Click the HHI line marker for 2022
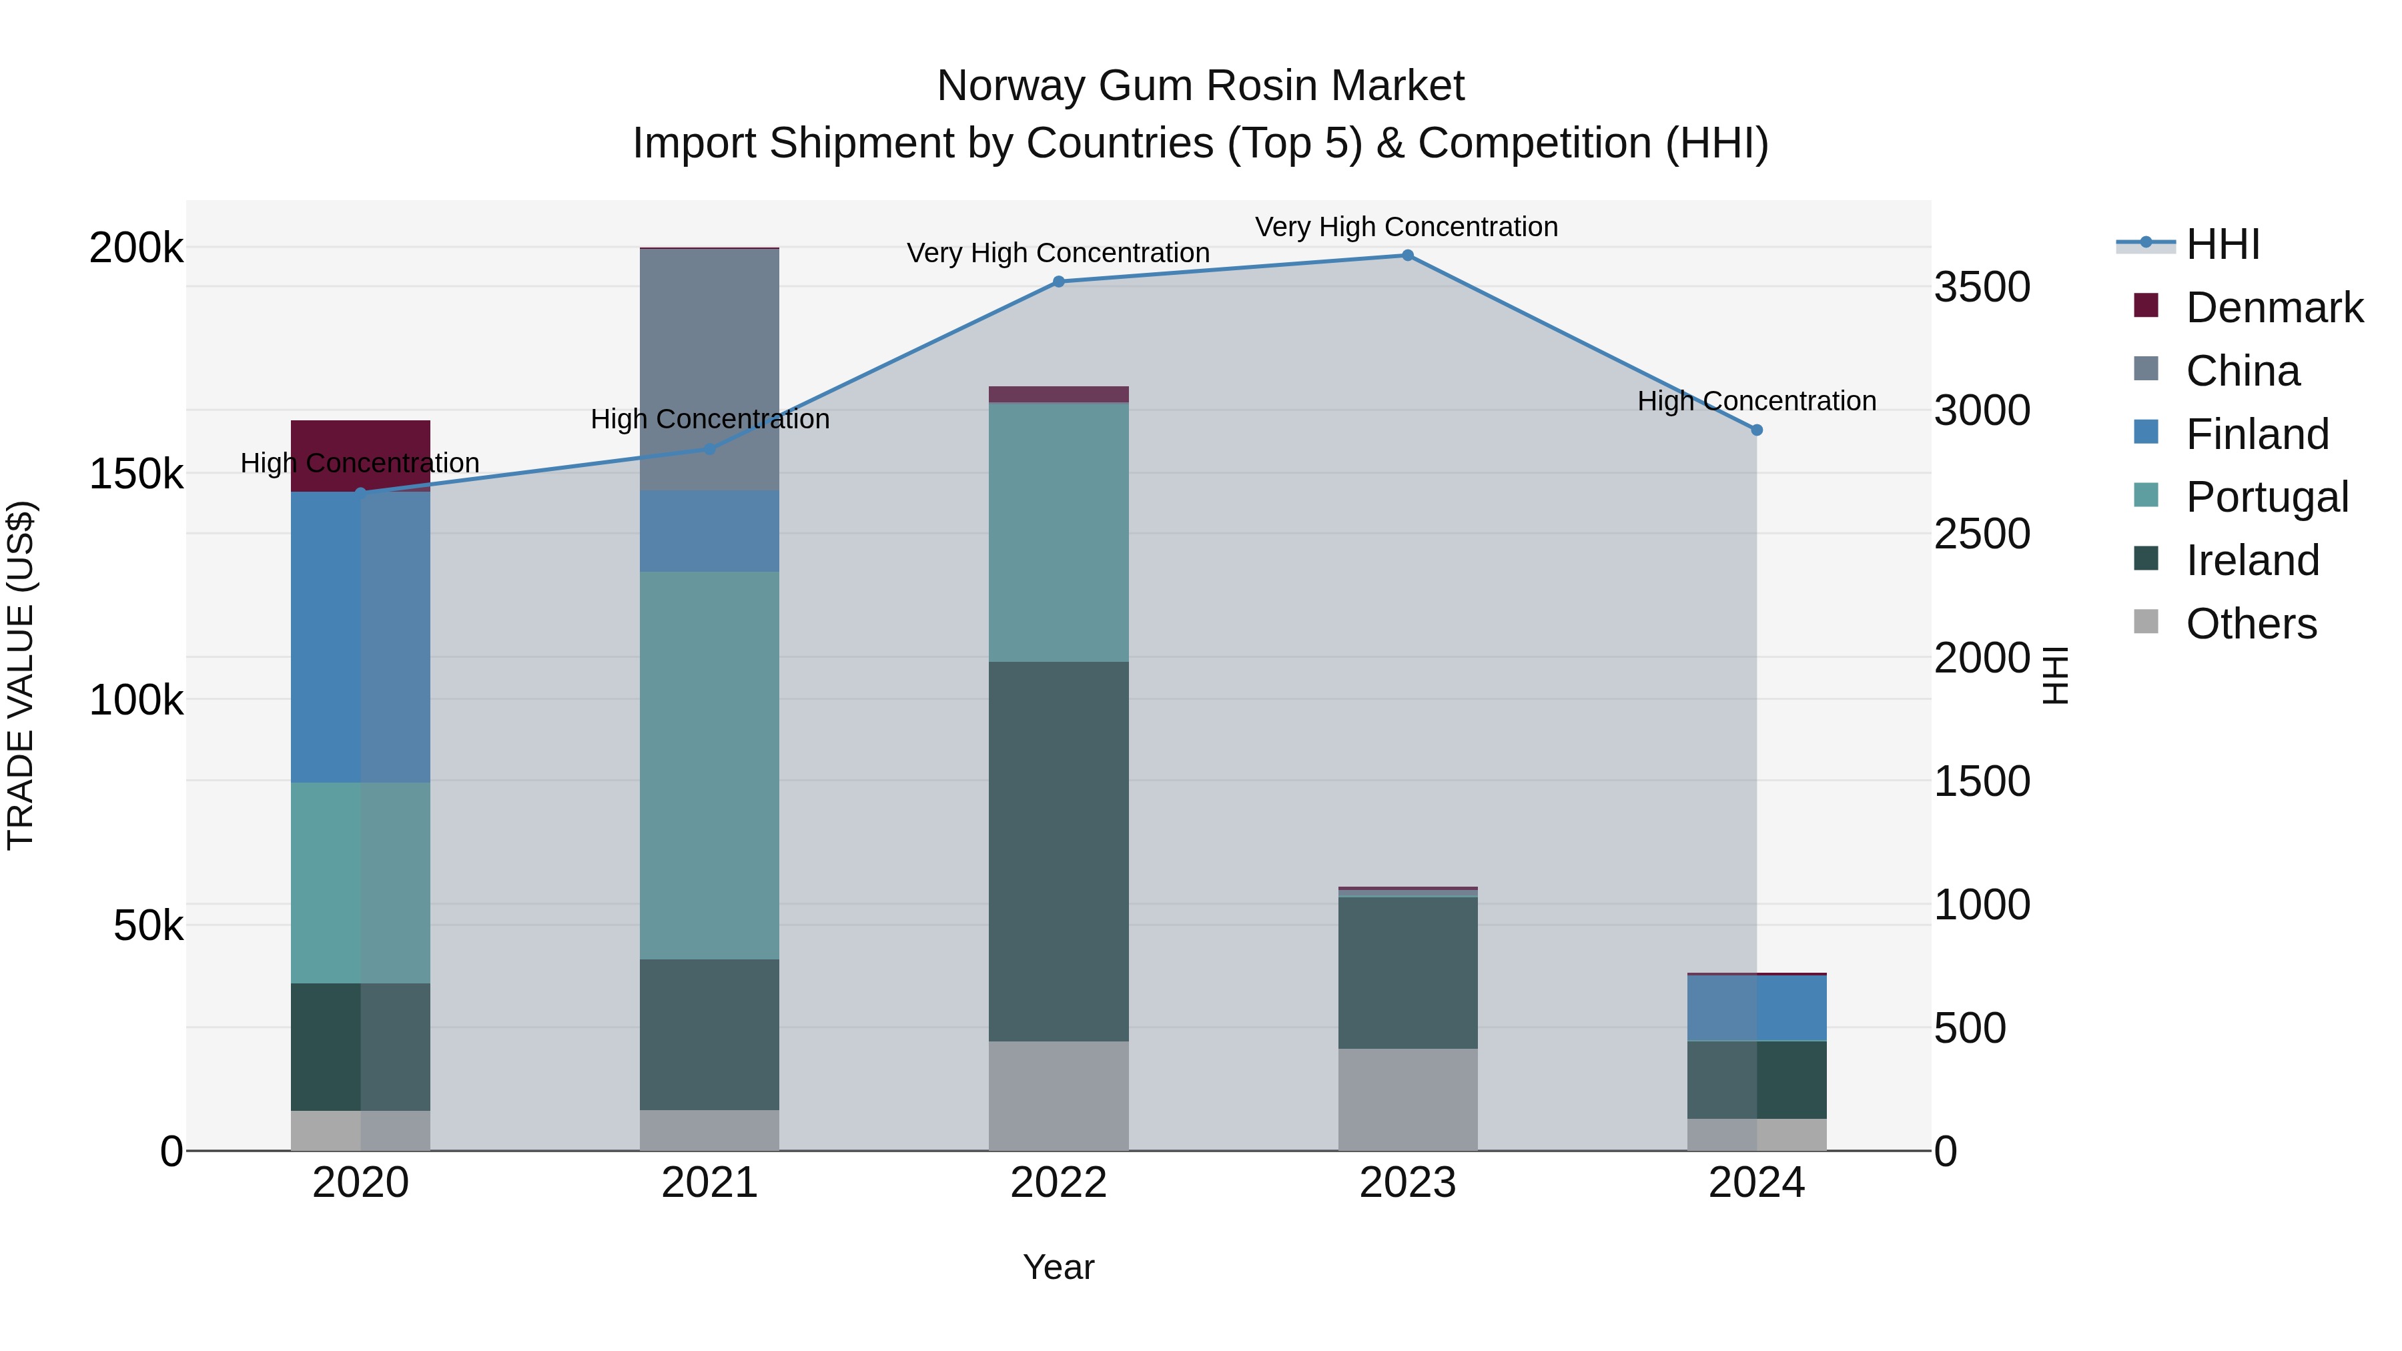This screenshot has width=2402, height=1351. [1058, 282]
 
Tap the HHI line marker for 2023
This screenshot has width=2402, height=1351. [1408, 256]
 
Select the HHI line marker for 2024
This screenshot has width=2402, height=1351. [1757, 430]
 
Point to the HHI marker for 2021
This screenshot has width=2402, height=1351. [710, 448]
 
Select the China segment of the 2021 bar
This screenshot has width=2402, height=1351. [710, 369]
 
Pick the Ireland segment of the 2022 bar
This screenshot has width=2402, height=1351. [1058, 851]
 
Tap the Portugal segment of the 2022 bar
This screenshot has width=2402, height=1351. [1058, 532]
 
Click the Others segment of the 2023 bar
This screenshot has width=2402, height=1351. [1408, 1099]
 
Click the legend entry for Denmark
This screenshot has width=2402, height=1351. [2273, 308]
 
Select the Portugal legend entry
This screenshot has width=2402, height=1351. [2266, 497]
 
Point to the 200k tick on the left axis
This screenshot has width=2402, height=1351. [136, 248]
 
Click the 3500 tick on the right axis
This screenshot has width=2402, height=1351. [1982, 287]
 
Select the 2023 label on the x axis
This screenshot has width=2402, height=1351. [1408, 1183]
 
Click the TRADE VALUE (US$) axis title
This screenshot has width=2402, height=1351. [21, 675]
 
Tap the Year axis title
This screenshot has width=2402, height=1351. [1058, 1267]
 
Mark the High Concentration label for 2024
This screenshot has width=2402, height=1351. [1757, 401]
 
